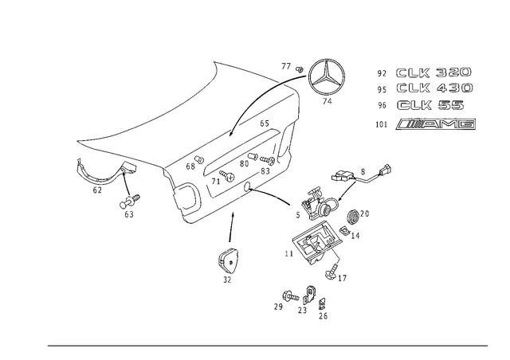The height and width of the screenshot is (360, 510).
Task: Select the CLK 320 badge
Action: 433,72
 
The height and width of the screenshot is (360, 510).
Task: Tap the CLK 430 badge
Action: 435,88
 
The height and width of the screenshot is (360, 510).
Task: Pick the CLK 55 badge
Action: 430,105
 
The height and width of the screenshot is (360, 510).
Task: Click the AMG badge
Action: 436,124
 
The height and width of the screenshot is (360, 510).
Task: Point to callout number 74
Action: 328,101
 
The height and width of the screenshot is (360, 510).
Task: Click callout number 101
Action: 382,124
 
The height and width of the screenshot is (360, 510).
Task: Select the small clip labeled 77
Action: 300,69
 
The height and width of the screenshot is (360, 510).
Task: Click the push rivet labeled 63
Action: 129,202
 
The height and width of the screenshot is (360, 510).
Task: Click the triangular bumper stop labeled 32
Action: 227,260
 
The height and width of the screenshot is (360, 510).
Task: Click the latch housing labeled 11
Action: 315,241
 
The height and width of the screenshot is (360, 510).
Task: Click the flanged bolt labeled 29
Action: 290,296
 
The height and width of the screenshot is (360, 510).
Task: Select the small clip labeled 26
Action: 322,303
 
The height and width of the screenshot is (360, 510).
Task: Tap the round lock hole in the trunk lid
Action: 248,186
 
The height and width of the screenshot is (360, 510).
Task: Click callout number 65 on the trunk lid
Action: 265,123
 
